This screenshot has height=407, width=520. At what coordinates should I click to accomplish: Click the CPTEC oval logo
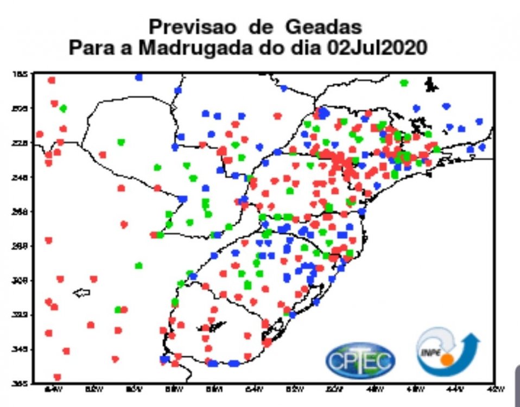360,359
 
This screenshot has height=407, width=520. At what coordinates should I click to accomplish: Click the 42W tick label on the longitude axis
494,389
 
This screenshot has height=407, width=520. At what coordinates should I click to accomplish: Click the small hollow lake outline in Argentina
81,293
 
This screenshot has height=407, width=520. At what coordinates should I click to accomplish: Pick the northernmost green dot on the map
404,83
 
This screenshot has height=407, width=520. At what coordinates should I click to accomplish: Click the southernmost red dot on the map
57,377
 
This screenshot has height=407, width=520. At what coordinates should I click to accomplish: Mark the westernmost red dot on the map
40,134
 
